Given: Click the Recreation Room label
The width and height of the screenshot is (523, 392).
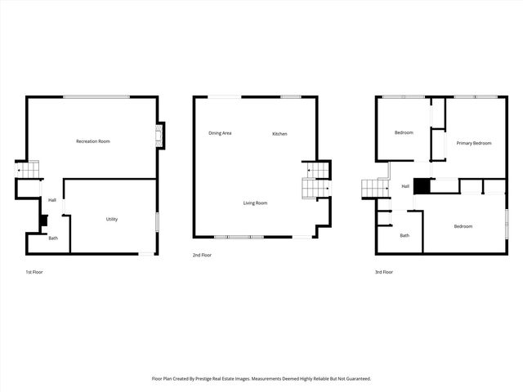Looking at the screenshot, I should pos(93,141).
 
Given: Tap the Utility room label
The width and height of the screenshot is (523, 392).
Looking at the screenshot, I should pos(112,219).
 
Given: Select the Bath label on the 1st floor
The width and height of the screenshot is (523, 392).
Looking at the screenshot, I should pos(53,238).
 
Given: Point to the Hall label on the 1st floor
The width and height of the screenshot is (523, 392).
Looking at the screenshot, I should pos(52,200).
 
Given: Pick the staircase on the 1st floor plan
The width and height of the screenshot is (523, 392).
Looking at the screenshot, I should pos(29,171).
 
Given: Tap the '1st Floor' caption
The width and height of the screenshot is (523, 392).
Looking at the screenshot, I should pos(34,271).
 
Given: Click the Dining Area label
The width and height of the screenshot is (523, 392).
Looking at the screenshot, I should pos(220,133).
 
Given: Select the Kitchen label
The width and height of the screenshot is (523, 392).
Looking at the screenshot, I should pos(279,134).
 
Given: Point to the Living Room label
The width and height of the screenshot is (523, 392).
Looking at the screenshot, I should pos(255,203).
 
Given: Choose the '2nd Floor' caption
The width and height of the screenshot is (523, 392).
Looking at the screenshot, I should pos(202,256).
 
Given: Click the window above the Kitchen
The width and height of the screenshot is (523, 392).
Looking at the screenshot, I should pos(291,97).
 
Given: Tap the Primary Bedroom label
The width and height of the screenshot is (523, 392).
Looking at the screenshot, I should pos(474,143).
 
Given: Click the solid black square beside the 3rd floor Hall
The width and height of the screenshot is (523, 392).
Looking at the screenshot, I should pos(421,187).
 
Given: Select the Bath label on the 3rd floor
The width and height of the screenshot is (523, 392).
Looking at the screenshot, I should pos(404,235).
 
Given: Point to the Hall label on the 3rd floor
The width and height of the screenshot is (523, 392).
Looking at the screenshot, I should pos(405,186).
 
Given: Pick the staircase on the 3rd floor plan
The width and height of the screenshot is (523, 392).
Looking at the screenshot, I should pos(375,189).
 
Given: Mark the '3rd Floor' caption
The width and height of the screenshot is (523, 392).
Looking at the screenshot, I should pos(384,271).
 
